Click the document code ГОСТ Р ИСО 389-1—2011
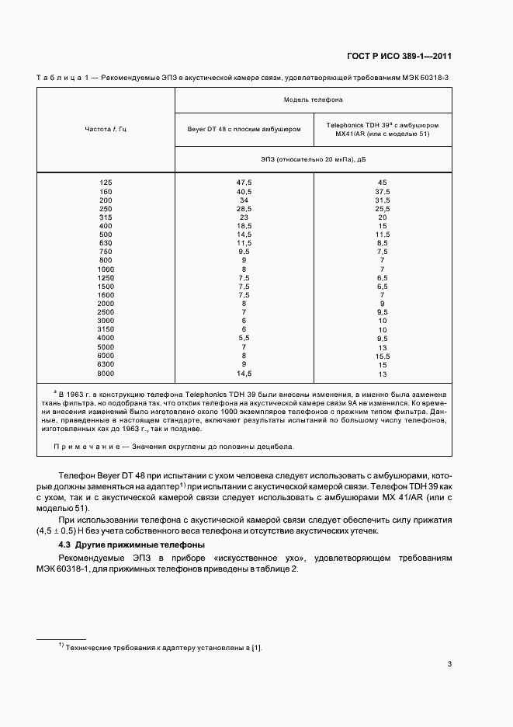(399, 56)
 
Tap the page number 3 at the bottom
(449, 664)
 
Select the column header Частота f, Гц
(106, 128)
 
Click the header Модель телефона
(313, 99)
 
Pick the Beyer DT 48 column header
(244, 128)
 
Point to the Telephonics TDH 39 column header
(382, 128)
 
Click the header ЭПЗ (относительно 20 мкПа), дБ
(313, 158)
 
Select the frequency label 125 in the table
(106, 183)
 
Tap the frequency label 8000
(106, 374)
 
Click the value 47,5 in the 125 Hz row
(244, 183)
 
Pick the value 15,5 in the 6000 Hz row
(382, 356)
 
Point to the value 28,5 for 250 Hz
(244, 208)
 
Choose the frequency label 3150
(106, 329)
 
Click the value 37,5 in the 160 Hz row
(382, 191)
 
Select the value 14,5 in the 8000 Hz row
(244, 374)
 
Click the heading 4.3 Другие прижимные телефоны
(132, 545)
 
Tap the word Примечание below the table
(85, 447)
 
